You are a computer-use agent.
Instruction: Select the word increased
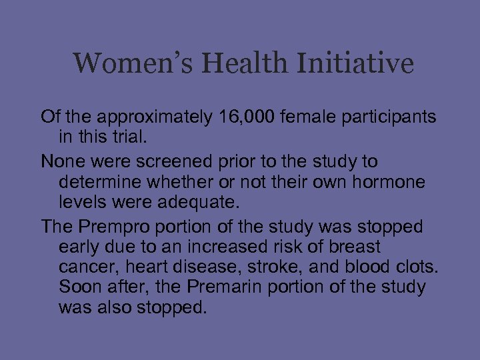219,247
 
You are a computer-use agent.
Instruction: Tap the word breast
356,247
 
